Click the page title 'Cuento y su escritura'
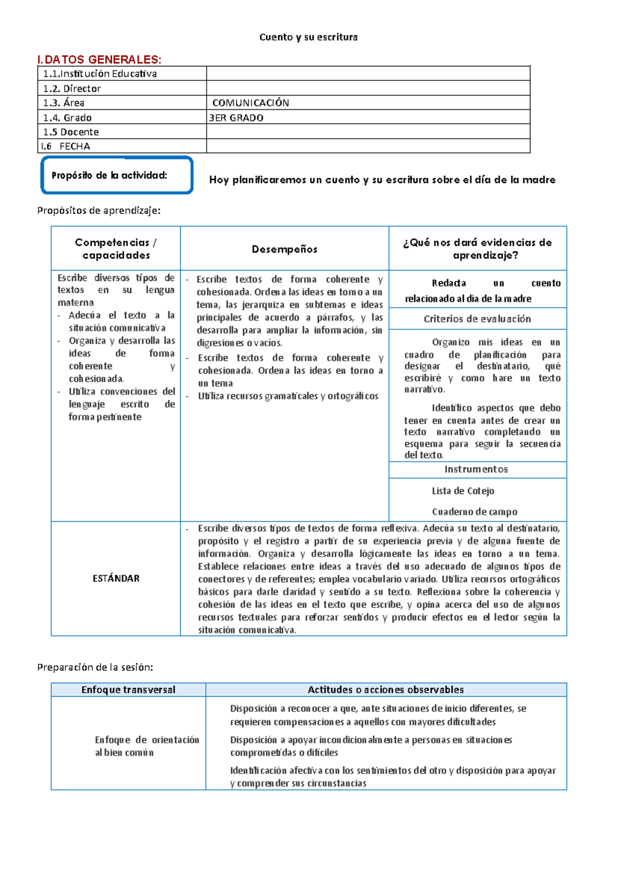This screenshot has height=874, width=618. click(x=308, y=37)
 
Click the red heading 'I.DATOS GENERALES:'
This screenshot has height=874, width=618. click(x=99, y=59)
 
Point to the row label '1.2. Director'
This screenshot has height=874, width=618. click(x=72, y=88)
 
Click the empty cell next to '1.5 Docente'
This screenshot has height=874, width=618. click(x=368, y=131)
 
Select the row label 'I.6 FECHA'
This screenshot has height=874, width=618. click(x=66, y=146)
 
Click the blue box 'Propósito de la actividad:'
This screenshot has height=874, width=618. click(x=117, y=175)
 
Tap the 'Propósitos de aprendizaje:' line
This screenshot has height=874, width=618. click(x=99, y=210)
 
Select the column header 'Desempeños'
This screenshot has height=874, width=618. click(x=284, y=249)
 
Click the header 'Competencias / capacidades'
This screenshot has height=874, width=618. click(x=116, y=248)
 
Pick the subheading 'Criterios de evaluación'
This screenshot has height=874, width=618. click(x=477, y=319)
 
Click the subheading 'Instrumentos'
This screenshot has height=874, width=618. click(x=476, y=469)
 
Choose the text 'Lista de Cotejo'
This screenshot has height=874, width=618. click(x=462, y=491)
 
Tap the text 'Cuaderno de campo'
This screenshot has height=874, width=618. click(x=474, y=512)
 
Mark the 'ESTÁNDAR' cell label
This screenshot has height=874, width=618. click(x=116, y=578)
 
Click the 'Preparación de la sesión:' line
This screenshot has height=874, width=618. click(x=95, y=667)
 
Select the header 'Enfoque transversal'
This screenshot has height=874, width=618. click(x=128, y=690)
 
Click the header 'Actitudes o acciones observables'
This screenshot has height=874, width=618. click(x=385, y=690)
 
